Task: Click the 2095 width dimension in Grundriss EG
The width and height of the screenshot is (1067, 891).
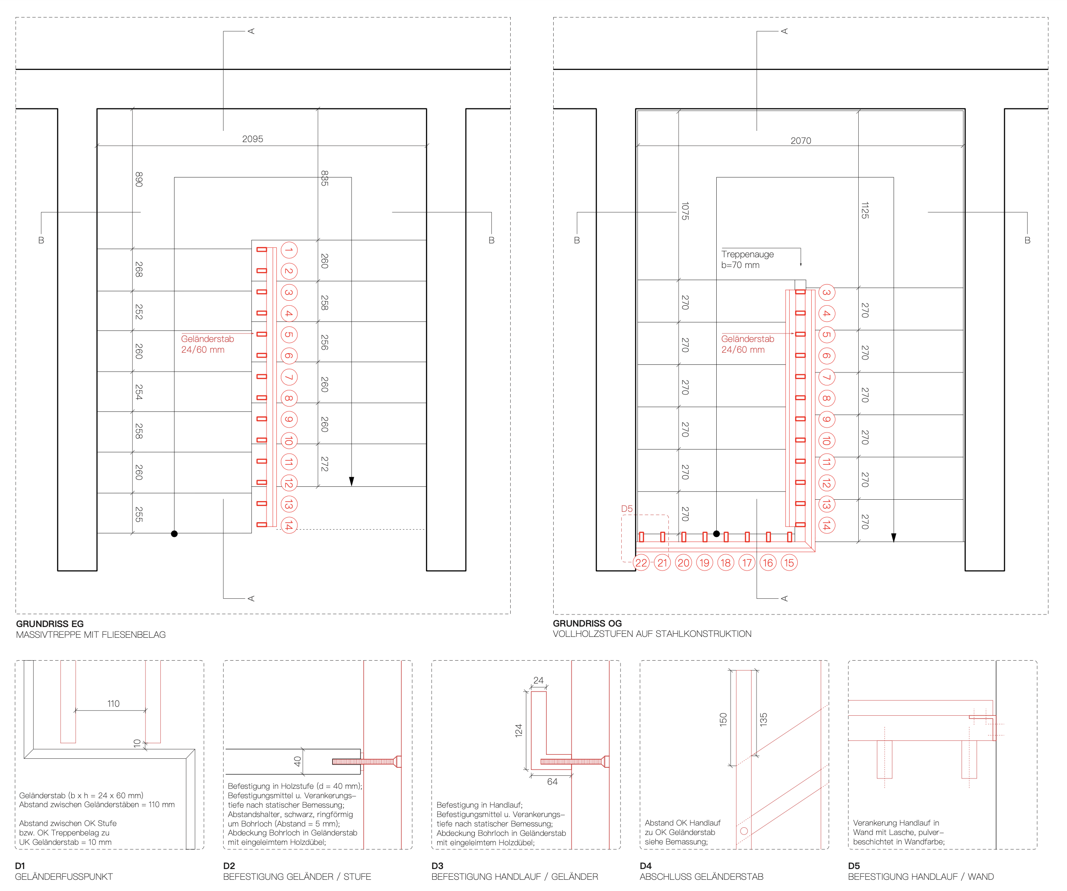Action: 253,139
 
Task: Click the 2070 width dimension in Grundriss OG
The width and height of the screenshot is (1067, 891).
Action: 801,141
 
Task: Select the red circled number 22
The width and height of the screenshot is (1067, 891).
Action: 641,562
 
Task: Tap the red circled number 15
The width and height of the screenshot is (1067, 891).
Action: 789,562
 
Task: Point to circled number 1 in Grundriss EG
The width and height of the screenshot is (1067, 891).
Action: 288,250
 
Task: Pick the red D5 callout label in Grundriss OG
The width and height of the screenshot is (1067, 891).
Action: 627,509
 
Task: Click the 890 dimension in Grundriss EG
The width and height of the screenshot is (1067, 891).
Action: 139,179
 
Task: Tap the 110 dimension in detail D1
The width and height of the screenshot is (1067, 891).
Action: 113,704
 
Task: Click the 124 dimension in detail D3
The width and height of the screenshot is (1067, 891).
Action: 518,731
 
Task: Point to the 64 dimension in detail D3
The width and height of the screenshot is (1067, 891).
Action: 552,782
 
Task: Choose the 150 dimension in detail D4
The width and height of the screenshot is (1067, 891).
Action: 723,719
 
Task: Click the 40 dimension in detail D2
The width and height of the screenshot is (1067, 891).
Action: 298,761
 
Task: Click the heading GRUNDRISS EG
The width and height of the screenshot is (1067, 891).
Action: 50,623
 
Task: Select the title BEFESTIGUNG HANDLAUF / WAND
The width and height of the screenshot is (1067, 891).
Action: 921,877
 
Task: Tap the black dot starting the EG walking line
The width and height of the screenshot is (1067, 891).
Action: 174,534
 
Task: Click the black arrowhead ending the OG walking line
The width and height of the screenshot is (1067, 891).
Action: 894,538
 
